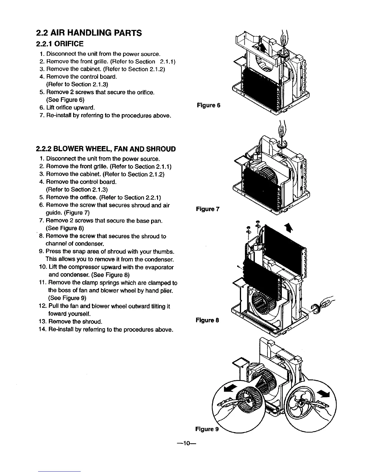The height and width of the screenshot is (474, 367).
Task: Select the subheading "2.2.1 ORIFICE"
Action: [59, 44]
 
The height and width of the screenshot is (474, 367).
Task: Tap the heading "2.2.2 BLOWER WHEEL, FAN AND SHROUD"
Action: [106, 149]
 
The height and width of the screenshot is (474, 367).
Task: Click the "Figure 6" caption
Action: [208, 105]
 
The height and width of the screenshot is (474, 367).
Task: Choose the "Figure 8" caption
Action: [207, 320]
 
